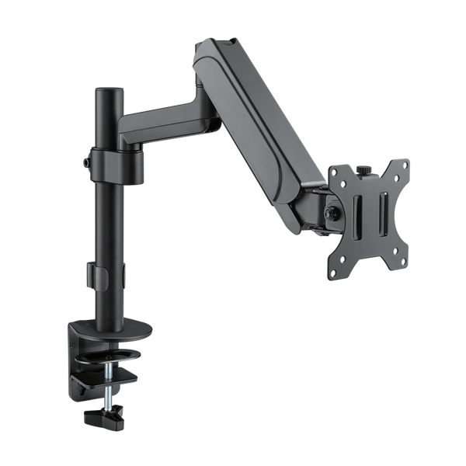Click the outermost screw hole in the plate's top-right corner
[404, 162]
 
